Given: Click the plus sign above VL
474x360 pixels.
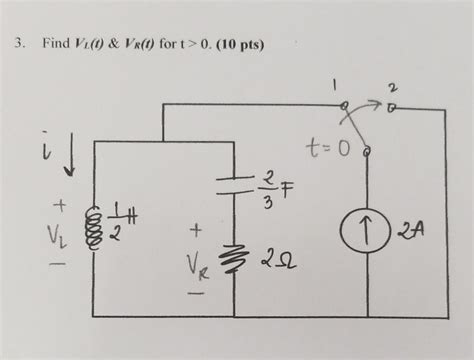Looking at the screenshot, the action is click(58, 207).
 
